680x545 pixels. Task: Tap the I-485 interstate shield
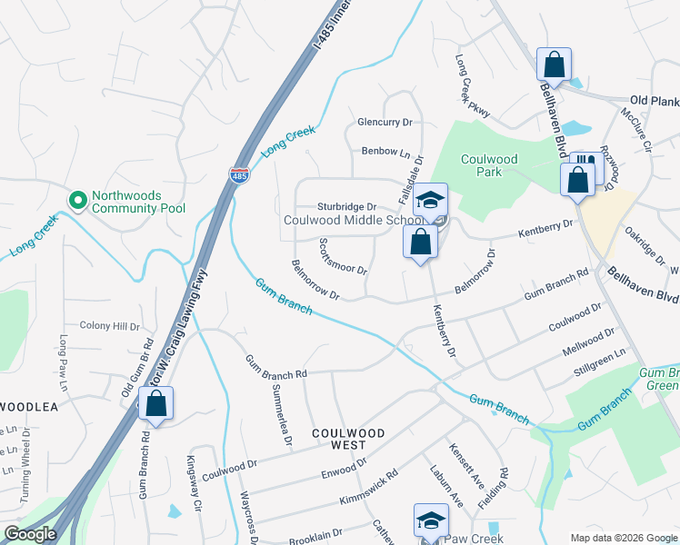tap(239, 173)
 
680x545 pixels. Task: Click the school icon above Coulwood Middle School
tap(432, 199)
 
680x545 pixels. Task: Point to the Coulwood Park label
tap(489, 165)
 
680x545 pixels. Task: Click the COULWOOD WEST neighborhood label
tap(348, 439)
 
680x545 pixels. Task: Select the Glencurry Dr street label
tap(385, 122)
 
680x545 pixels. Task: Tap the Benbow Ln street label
tap(386, 152)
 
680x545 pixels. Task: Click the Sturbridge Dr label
tap(346, 206)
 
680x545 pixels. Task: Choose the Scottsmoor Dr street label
tap(343, 257)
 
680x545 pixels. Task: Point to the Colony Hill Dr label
tap(109, 325)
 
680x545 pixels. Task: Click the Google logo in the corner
tap(30, 535)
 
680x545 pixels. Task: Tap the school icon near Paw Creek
tap(431, 520)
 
